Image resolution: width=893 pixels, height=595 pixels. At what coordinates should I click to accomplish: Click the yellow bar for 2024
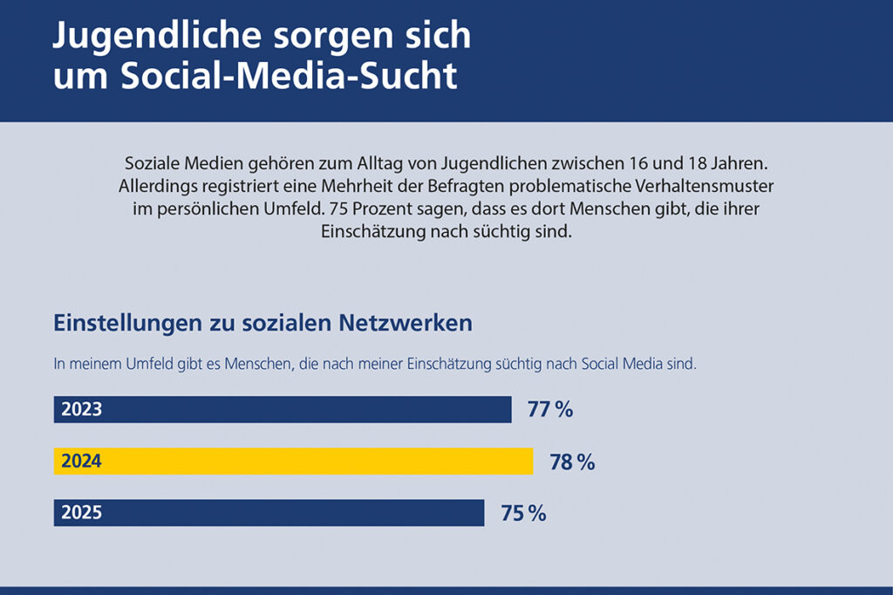(x=293, y=462)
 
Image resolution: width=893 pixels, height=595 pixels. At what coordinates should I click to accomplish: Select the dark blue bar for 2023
(x=283, y=410)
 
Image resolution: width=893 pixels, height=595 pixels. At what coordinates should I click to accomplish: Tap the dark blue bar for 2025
(x=269, y=513)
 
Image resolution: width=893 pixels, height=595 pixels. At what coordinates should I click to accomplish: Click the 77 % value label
(x=550, y=410)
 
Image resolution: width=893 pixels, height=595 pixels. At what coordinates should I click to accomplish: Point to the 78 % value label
(x=572, y=462)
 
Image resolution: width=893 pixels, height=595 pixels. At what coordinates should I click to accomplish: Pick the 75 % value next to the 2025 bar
(x=523, y=514)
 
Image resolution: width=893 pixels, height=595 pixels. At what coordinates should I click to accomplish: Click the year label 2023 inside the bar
(x=81, y=410)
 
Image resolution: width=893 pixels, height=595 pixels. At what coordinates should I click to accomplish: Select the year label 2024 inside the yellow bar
(x=81, y=462)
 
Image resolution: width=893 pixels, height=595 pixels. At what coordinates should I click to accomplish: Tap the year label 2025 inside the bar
(x=81, y=513)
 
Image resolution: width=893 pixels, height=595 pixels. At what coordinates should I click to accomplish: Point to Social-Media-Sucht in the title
(x=289, y=76)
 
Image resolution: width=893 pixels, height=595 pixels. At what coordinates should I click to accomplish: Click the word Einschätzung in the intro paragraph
(x=359, y=233)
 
